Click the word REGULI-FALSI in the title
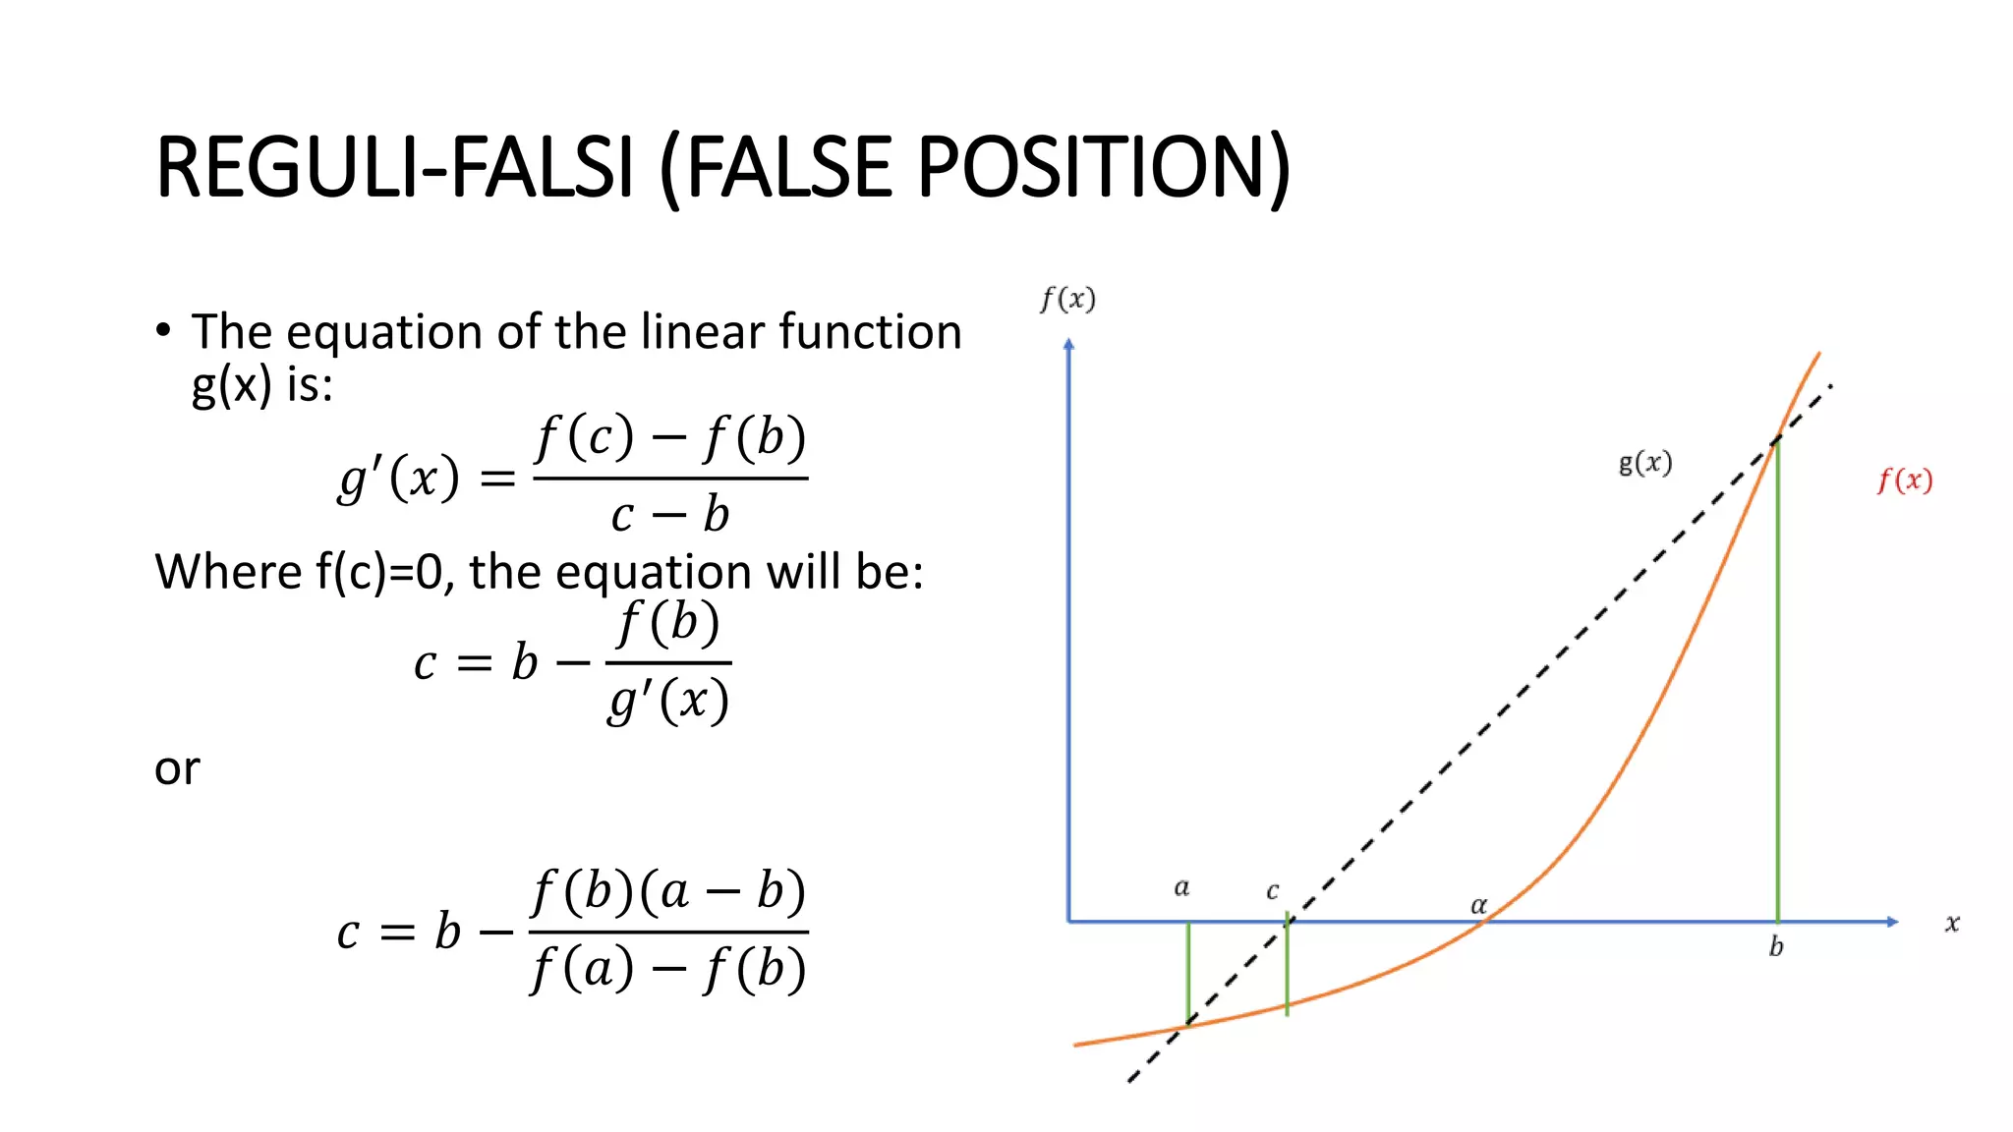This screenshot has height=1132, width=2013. click(393, 167)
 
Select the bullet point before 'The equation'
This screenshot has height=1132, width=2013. click(163, 330)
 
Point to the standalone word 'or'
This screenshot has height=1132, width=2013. click(177, 768)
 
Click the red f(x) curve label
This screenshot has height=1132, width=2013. click(1905, 481)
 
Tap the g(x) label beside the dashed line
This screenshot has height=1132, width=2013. click(1645, 463)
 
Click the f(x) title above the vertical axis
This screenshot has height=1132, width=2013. click(1068, 299)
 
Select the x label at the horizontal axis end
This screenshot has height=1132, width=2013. click(1952, 924)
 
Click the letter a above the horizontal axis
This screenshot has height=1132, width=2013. click(1181, 888)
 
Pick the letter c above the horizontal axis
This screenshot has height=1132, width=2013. click(1272, 891)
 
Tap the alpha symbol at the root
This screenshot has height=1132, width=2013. click(1478, 905)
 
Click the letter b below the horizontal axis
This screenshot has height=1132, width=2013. click(1776, 946)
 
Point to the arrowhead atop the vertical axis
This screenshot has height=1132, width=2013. click(1069, 344)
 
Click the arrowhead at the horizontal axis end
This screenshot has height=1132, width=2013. click(1892, 922)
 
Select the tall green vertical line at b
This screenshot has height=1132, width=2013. click(1777, 688)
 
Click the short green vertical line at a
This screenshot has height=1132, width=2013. click(1188, 973)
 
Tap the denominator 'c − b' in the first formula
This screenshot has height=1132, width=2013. click(669, 515)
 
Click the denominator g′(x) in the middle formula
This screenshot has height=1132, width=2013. click(668, 702)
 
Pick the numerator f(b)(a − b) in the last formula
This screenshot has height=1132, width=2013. click(668, 891)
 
